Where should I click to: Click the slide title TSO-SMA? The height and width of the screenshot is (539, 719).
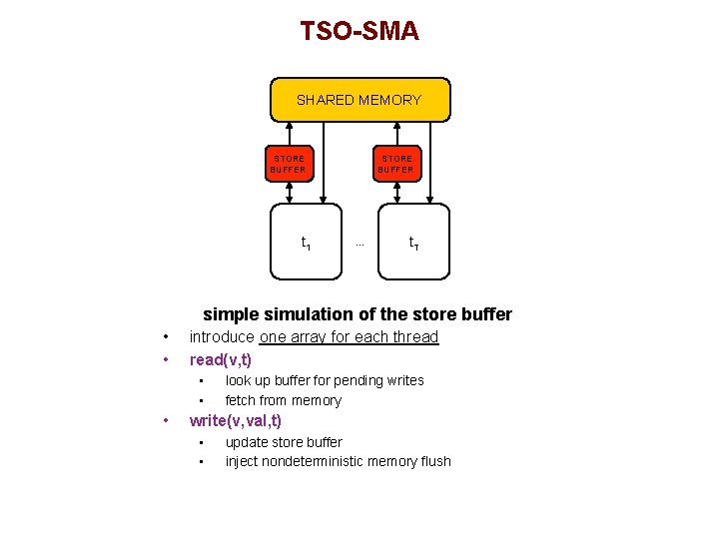point(359,31)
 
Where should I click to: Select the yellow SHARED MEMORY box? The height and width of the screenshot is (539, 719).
point(359,100)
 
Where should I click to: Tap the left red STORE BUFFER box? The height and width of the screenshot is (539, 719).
point(289,164)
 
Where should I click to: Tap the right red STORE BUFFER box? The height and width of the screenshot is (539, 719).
point(396,164)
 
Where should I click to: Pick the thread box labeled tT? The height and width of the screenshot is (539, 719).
point(413,243)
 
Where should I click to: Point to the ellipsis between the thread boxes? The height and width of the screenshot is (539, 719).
point(359,244)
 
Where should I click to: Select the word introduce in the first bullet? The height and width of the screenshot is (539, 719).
point(222,337)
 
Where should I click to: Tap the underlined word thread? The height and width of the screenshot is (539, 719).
point(413,337)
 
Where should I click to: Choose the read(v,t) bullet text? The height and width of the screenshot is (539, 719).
point(220,359)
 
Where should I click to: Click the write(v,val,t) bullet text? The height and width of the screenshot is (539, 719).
point(236,421)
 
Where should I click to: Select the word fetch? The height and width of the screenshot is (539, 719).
point(243,400)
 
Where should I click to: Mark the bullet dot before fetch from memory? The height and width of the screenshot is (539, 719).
point(202,401)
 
